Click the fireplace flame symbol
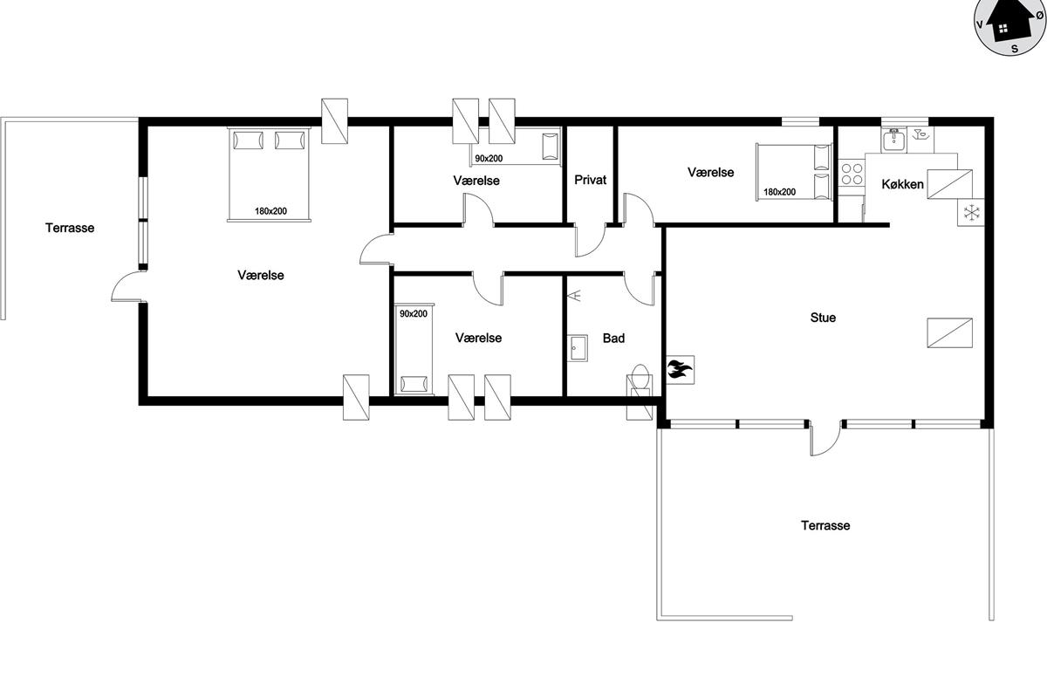pos(679,369)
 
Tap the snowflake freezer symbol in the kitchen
pos(971,213)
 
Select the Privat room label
pos(591,180)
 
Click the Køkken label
pos(902,184)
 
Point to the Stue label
pos(823,318)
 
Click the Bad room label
pos(613,338)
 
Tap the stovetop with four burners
pos(852,173)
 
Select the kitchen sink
pos(893,139)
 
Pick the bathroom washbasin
pos(578,348)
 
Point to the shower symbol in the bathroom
pos(575,296)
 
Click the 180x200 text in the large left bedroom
pos(270,211)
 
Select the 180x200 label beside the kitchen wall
pos(780,192)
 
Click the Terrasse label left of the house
pos(70,228)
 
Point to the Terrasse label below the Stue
pos(825,525)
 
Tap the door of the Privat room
pos(590,240)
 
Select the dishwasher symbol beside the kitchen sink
pos(920,135)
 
